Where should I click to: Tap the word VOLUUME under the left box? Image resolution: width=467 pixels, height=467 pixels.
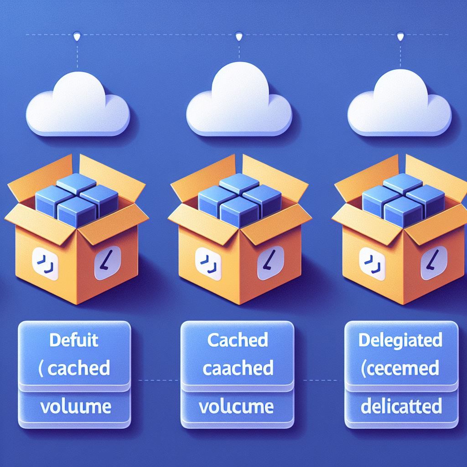click(x=76, y=407)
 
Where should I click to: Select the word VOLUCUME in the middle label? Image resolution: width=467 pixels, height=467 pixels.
click(x=236, y=406)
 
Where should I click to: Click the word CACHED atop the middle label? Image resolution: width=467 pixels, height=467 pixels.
click(x=237, y=340)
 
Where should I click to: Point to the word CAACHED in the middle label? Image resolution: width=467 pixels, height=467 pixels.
click(x=238, y=368)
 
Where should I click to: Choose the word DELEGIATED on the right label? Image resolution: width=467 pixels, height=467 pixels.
click(x=400, y=340)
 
